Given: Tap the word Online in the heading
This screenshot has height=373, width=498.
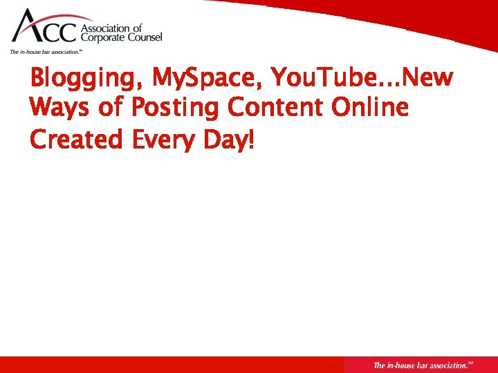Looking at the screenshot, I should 371,108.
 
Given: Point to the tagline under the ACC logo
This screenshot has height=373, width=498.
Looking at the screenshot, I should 46,52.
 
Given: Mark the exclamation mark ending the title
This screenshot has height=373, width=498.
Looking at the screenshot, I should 251,140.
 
